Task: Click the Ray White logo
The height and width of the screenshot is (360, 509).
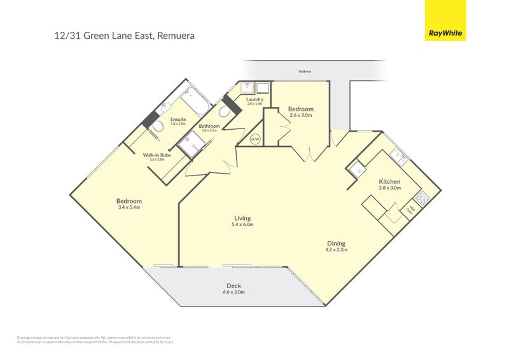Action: coord(445,20)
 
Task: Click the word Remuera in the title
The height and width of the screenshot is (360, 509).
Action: coord(174,36)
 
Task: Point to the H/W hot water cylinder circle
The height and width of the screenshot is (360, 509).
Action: coord(255,139)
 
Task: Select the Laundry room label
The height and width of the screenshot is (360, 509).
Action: coord(255,99)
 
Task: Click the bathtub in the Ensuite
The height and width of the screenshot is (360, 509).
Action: coord(193,104)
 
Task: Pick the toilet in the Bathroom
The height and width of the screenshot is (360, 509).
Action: coord(223,112)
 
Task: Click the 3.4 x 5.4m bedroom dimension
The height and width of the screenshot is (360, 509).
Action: coord(129,207)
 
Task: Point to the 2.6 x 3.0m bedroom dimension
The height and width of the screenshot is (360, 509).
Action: coord(301,115)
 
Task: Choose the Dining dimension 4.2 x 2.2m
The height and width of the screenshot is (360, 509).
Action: coord(336,249)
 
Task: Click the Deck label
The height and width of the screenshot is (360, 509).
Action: coord(234,286)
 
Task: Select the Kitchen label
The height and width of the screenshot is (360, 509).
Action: coord(389,181)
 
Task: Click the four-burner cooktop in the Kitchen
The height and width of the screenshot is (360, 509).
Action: coord(421,196)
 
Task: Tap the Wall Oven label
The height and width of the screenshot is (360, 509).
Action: coord(412,208)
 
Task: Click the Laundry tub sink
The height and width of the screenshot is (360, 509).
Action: coord(246,88)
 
